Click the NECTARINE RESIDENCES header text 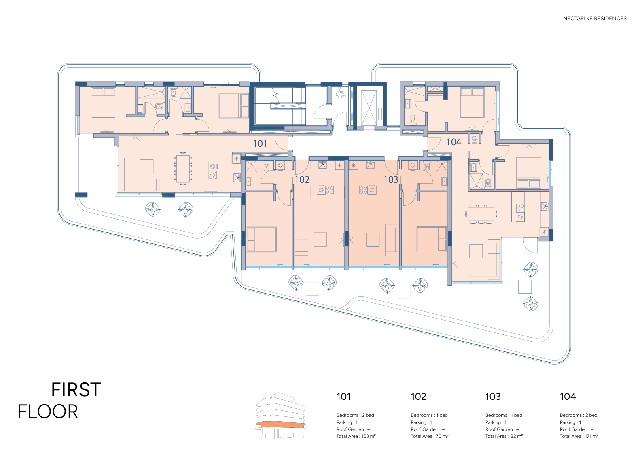click(x=595, y=18)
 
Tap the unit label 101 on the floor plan click(x=260, y=144)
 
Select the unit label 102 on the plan click(x=302, y=179)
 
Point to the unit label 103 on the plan click(x=391, y=179)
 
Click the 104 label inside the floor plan click(x=454, y=142)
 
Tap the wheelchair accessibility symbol click(x=341, y=93)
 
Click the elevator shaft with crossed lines click(x=369, y=108)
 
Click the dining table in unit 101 click(x=183, y=168)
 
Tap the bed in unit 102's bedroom click(x=261, y=239)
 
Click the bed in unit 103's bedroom click(x=432, y=239)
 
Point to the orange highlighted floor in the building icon click(x=281, y=424)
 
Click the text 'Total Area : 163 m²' click(x=356, y=436)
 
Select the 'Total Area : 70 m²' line click(x=429, y=436)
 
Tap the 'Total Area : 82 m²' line click(x=504, y=436)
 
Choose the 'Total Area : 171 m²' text click(x=579, y=436)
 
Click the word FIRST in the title click(x=76, y=390)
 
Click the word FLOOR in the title click(x=48, y=412)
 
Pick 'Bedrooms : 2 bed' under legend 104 click(x=578, y=415)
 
